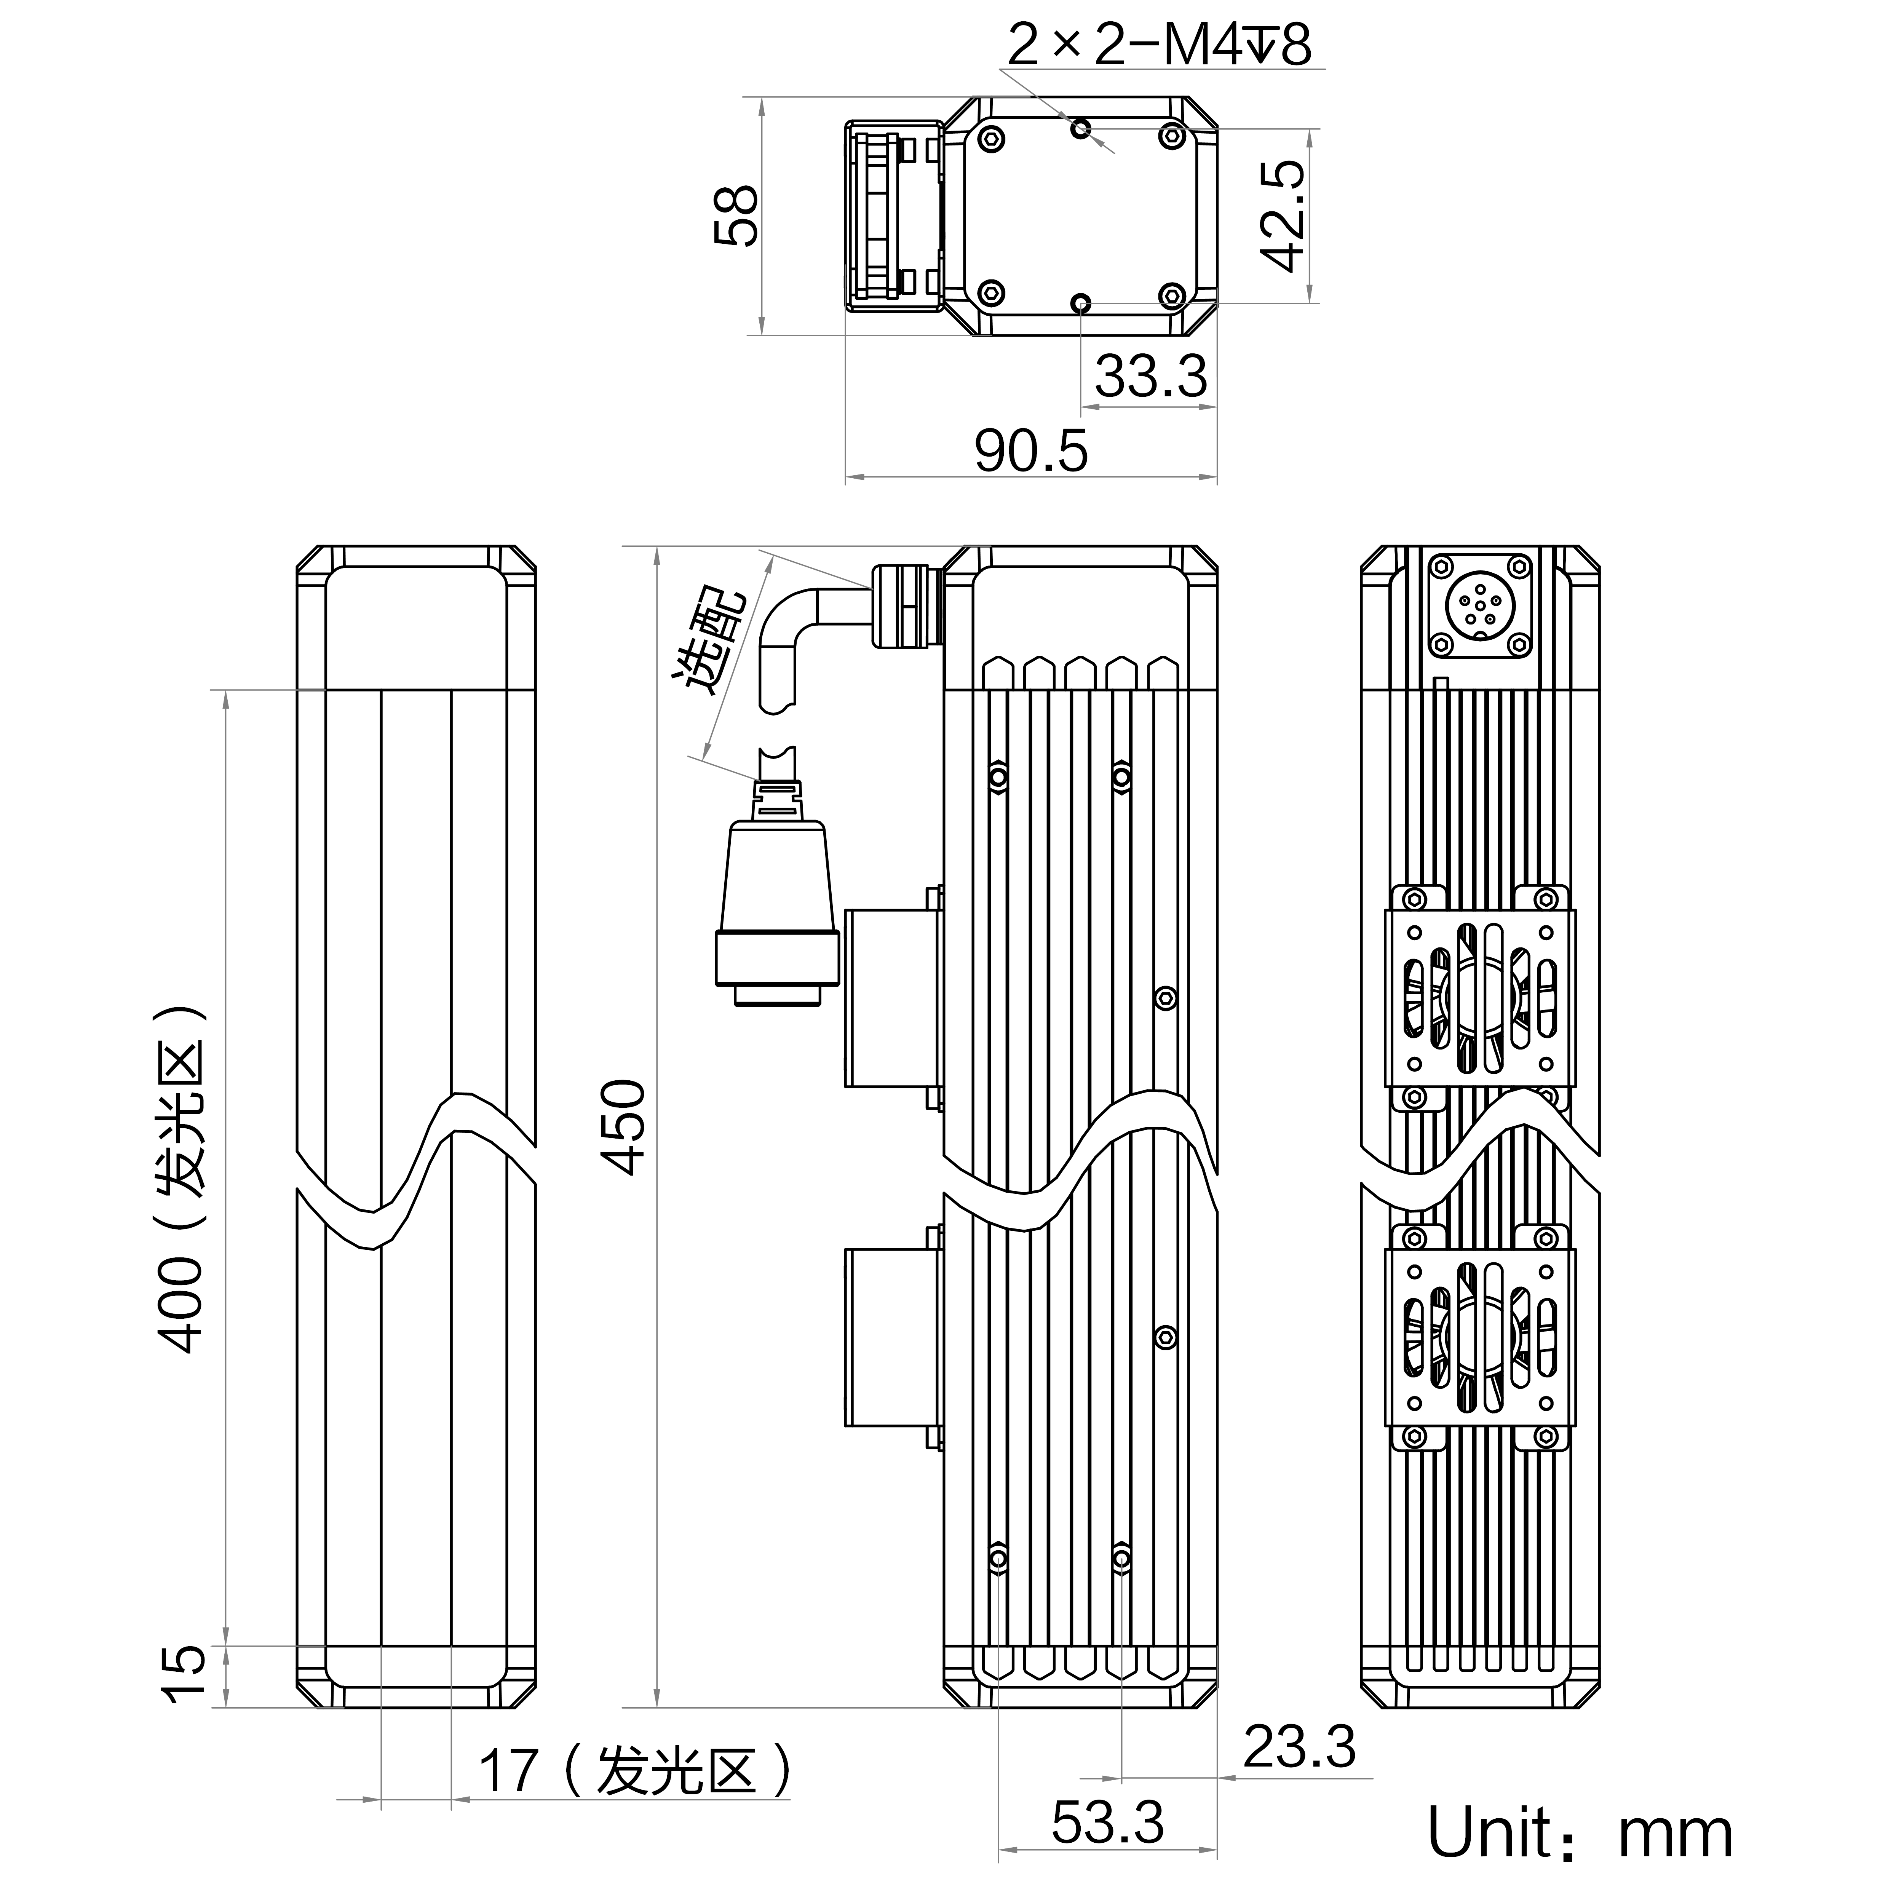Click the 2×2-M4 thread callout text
tap(1159, 43)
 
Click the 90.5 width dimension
tap(1031, 451)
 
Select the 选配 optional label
tap(709, 642)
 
